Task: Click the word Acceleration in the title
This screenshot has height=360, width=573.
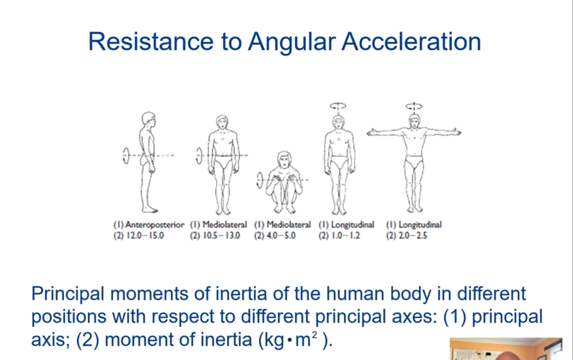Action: click(x=411, y=42)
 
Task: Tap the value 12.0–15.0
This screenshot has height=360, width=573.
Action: click(x=145, y=236)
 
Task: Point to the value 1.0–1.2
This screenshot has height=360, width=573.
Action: click(x=345, y=236)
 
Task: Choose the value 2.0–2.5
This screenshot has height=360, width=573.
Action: click(x=413, y=236)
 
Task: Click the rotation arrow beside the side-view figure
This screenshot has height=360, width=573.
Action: click(x=126, y=156)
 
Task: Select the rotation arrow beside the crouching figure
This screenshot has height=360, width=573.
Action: click(x=260, y=180)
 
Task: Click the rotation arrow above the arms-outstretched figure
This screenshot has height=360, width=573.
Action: click(x=414, y=106)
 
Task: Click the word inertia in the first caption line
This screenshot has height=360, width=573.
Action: click(x=241, y=293)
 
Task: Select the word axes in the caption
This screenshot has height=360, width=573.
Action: click(x=415, y=316)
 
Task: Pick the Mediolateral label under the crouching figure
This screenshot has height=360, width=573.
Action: click(x=288, y=225)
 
